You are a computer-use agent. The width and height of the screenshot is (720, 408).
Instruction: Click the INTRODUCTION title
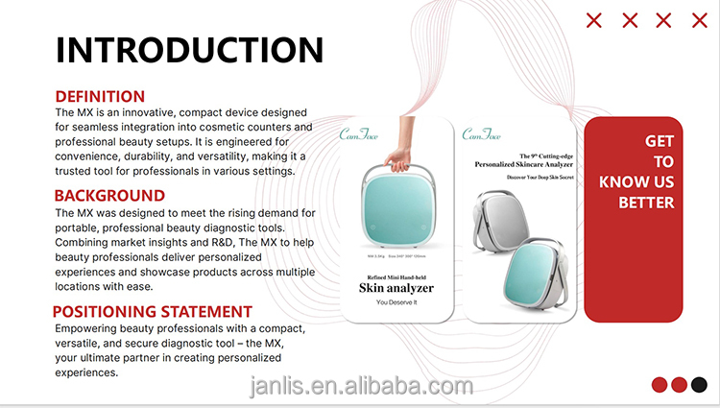(x=189, y=50)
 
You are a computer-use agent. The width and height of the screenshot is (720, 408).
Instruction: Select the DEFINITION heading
(x=100, y=96)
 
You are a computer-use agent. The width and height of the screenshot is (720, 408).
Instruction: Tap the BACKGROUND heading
(x=109, y=196)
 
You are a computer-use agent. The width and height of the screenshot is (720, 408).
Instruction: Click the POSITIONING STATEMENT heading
(x=152, y=312)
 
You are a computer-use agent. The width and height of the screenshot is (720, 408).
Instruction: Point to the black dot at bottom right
(x=699, y=385)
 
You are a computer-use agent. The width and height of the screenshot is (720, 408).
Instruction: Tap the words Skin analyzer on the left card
(x=396, y=287)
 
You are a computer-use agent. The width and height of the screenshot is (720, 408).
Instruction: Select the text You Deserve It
(x=396, y=303)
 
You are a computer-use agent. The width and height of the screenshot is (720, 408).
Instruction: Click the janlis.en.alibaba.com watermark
(x=355, y=387)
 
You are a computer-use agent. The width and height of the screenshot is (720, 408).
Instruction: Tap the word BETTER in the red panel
(x=646, y=203)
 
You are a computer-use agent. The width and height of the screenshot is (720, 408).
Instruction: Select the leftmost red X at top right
(x=594, y=20)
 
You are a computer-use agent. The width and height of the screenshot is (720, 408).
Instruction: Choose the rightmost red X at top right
(x=698, y=20)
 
